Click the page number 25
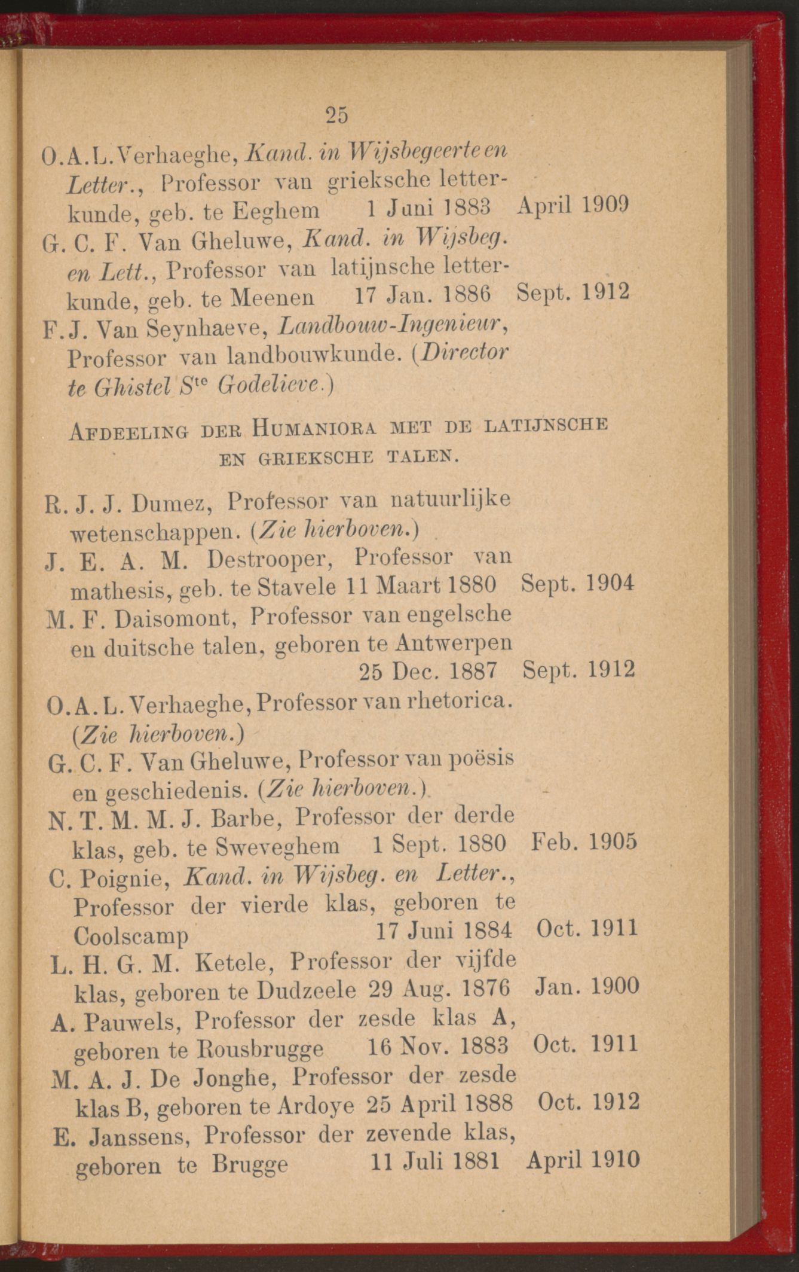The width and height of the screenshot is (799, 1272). (x=337, y=114)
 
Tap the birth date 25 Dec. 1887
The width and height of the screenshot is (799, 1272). (x=428, y=672)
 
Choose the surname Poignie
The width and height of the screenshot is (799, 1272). (x=121, y=877)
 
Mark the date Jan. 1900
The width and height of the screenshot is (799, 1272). (x=584, y=986)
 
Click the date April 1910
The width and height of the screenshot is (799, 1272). (x=583, y=1160)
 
